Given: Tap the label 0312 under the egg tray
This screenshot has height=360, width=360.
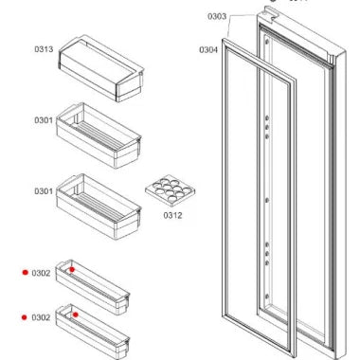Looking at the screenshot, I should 171,215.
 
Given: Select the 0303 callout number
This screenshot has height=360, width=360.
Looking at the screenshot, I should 217,16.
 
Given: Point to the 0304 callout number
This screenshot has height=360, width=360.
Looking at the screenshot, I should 208,49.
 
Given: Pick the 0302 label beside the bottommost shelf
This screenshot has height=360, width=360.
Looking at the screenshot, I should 41,316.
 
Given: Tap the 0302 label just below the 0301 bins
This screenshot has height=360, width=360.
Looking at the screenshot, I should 41,273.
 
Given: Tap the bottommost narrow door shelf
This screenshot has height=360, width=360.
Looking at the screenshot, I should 93,326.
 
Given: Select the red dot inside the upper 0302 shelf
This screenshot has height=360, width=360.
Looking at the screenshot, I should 71,269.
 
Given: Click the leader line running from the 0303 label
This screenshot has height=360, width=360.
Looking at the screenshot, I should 242,15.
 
